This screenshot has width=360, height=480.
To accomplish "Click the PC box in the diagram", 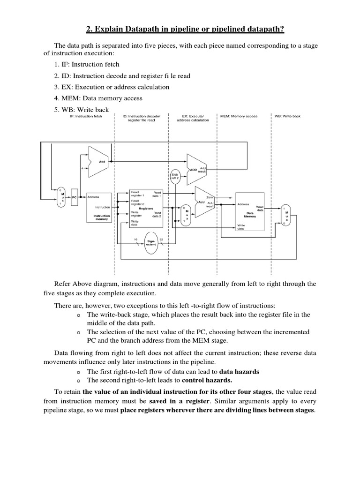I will pos(74,197).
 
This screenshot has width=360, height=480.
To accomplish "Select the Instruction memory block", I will pos(98,208).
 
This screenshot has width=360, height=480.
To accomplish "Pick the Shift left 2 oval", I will pos(176,177).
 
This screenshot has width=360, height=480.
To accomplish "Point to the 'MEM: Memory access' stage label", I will pos(239,116).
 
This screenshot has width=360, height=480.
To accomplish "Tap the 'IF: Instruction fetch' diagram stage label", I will pos(86,116).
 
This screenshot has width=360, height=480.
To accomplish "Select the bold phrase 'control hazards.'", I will pos(207,380).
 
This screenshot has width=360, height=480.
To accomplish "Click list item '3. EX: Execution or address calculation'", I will pos(112,87).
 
